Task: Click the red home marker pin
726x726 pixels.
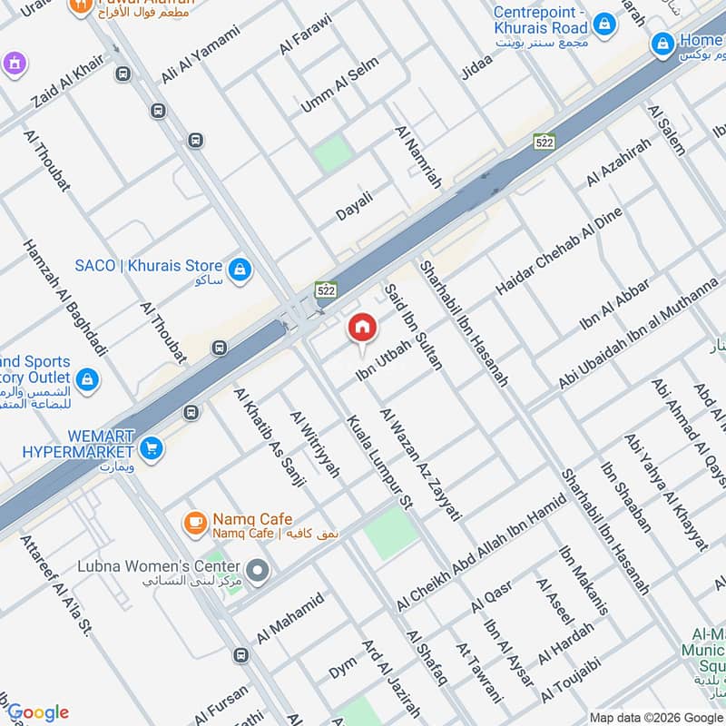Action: [x=362, y=329]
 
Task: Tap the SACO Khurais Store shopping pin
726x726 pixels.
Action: [x=240, y=269]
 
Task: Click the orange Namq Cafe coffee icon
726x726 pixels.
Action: [x=194, y=523]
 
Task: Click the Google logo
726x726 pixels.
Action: [x=37, y=712]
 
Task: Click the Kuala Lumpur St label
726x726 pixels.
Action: [x=379, y=461]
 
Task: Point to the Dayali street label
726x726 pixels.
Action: [x=354, y=204]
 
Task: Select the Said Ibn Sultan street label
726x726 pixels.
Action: [x=414, y=326]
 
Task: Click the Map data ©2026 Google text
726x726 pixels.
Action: [x=656, y=718]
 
